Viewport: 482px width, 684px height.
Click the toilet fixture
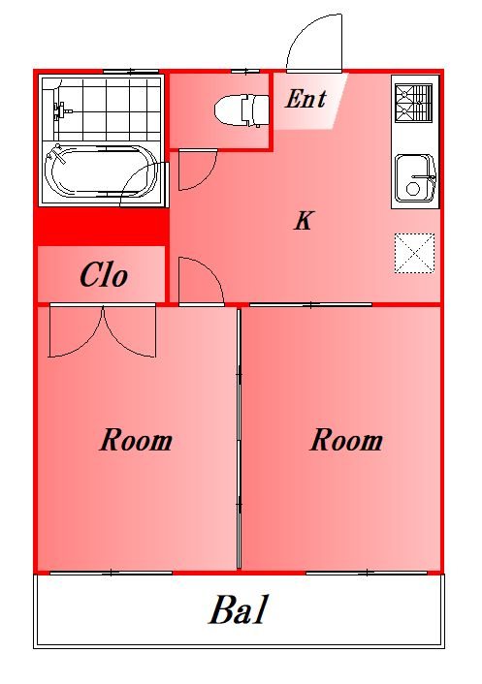tap(241, 109)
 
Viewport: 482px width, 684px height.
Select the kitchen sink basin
tap(415, 178)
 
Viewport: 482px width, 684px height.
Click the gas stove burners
tap(413, 103)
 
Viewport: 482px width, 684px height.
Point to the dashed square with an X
tap(414, 254)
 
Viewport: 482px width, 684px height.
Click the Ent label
tap(305, 99)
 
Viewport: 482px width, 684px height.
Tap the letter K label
tap(304, 220)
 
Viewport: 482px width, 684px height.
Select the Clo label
tap(104, 275)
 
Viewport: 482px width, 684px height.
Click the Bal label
tap(238, 609)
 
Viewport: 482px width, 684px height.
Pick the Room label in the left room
tap(136, 440)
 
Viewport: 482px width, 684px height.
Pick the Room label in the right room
tap(346, 440)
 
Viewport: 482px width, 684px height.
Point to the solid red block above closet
tap(101, 227)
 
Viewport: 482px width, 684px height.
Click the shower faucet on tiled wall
tap(61, 110)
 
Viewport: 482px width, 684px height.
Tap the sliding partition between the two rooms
tap(240, 439)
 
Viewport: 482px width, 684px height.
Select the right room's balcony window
tap(367, 573)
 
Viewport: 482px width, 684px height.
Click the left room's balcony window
tap(111, 573)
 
